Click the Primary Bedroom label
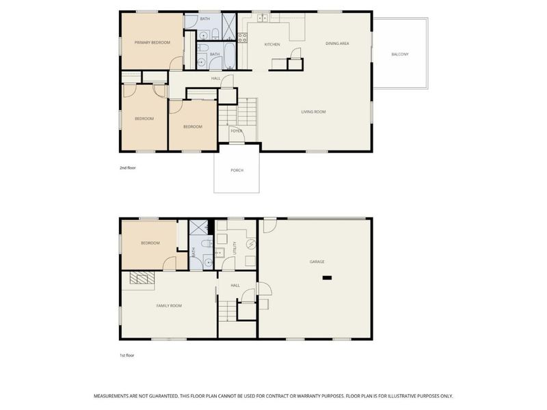coord(152,42)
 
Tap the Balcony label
coord(400,55)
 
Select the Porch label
coord(237,170)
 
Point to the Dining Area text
coord(337,44)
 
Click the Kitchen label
coord(272,44)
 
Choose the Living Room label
coord(313,112)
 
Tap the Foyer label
coord(236,131)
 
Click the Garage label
coord(317,262)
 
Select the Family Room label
coord(169,305)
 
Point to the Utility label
coord(235,248)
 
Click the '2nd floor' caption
coord(128,168)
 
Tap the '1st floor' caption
coord(127,355)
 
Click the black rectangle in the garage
coord(327,278)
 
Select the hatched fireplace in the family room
coord(142,277)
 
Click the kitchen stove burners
coord(243,38)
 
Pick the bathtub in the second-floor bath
coord(230,55)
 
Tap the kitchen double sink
coord(263,17)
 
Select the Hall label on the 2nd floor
coord(215,79)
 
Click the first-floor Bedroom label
coord(150,243)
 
